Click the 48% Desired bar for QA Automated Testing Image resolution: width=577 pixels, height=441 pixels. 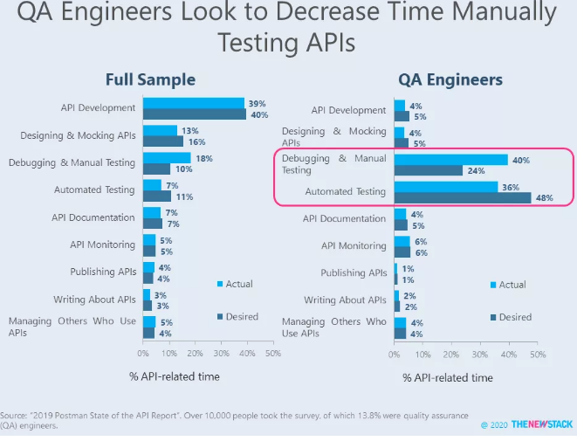(463, 197)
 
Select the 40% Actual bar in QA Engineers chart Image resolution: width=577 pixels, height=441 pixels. (450, 160)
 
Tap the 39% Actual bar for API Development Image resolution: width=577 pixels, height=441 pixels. (193, 103)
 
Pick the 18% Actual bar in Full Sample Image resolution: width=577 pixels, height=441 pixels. (166, 158)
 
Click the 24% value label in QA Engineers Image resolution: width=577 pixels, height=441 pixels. (475, 171)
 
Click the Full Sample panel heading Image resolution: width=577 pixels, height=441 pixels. (150, 79)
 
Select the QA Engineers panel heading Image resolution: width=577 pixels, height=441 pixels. (450, 79)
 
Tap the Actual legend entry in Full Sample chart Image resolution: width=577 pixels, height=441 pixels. (236, 284)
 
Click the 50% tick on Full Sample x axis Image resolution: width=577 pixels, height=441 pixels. (273, 355)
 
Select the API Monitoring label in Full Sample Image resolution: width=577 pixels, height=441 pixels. (103, 245)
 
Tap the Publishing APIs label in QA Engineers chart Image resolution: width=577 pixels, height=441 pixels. (354, 273)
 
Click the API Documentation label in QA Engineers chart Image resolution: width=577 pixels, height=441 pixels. (345, 219)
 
